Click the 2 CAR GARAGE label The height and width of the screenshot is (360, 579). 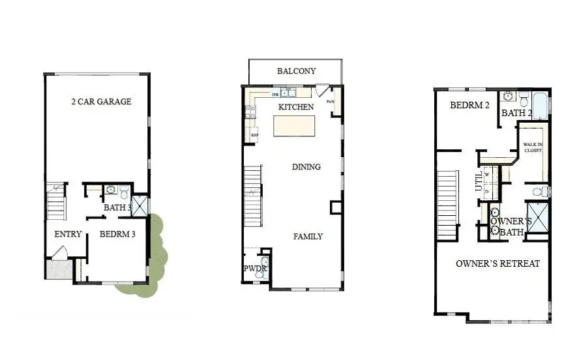tap(101, 102)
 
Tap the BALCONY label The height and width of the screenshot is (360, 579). tap(296, 71)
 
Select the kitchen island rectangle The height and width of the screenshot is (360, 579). tap(294, 125)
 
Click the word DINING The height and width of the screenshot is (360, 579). tap(306, 167)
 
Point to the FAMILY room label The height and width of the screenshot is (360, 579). tap(308, 236)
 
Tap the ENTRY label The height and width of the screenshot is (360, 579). tap(68, 234)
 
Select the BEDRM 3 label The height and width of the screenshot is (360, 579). tap(117, 234)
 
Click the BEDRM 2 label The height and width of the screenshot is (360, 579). tap(469, 105)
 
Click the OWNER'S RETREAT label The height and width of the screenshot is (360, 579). tap(497, 263)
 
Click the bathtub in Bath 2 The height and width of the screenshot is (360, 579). tap(541, 104)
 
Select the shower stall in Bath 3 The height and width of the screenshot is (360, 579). tap(140, 205)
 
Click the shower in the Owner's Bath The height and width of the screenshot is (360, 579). tap(537, 217)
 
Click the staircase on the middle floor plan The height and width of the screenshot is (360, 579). tap(252, 196)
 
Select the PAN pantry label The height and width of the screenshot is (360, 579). tap(330, 101)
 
